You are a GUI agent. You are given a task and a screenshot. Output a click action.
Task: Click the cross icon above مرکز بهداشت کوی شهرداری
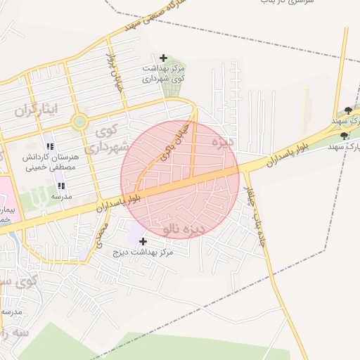pos(163,58)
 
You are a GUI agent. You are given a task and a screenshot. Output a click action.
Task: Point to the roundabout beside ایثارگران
pos(79,122)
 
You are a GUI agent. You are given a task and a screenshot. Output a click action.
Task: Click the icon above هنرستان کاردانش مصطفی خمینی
pos(49,146)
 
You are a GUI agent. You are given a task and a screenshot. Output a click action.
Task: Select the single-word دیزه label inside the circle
pos(221,142)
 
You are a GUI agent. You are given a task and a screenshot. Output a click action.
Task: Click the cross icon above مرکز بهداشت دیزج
pos(143,241)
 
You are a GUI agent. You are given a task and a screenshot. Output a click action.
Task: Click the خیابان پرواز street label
pos(113,65)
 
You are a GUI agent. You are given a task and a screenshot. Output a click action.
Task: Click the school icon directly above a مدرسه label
pos(61,186)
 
